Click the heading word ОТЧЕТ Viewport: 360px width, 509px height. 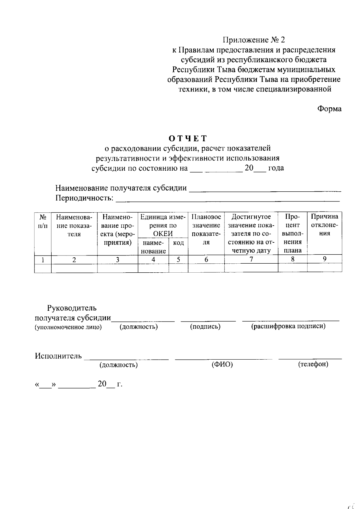tap(188, 138)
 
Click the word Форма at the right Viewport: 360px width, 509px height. tap(329, 109)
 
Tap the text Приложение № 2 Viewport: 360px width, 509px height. tap(254, 40)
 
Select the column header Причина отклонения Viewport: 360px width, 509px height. tap(325, 225)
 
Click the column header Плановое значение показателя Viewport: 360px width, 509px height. tap(206, 229)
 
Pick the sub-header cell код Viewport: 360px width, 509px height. tap(178, 243)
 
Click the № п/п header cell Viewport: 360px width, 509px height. tap(43, 221)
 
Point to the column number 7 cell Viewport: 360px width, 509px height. tap(251, 259)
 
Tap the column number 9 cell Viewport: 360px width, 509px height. tap(325, 259)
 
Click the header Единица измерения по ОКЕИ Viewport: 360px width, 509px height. tap(163, 225)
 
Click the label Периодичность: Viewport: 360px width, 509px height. tap(85, 198)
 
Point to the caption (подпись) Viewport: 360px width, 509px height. tap(205, 327)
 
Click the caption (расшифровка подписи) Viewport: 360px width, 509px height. tap(288, 326)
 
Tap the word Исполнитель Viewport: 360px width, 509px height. tap(58, 356)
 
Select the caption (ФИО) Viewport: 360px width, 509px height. tap(222, 364)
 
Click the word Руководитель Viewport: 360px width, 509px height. tap(72, 308)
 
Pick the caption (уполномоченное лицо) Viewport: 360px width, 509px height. tap(68, 327)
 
